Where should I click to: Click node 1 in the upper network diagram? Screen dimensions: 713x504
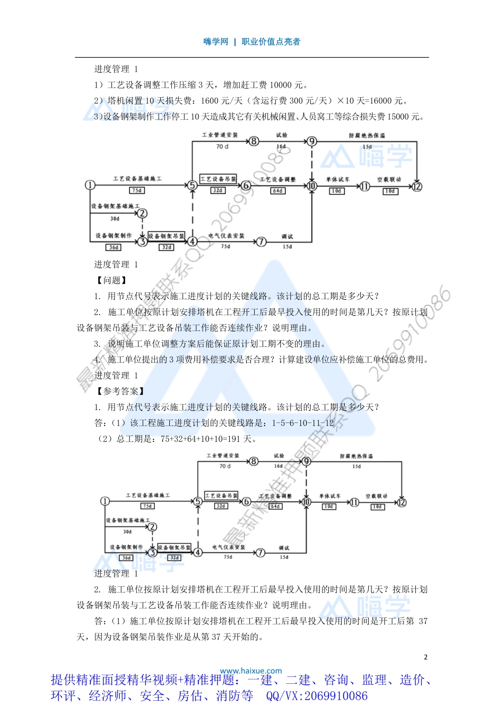[90, 185]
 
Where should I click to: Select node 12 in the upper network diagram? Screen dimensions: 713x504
[417, 186]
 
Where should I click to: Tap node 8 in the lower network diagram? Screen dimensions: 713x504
[254, 461]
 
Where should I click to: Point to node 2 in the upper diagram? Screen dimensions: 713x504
[142, 214]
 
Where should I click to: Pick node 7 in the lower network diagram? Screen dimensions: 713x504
[260, 552]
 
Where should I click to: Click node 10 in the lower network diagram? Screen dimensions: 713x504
[306, 502]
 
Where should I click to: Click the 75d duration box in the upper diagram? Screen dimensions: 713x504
[137, 190]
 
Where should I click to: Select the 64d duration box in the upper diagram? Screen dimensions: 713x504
[277, 190]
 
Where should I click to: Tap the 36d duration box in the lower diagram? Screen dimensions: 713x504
[126, 558]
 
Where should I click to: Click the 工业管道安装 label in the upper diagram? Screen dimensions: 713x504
[220, 135]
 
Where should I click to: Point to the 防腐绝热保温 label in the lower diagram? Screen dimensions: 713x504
[356, 456]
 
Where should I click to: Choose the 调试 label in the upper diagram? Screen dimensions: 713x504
[287, 237]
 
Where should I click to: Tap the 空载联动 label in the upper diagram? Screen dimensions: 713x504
[389, 179]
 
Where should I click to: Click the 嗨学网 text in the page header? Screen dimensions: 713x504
[215, 42]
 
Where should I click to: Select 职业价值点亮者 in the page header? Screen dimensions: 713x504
[271, 42]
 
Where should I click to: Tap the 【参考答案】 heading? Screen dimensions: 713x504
[119, 391]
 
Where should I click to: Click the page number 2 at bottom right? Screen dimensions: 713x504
[425, 657]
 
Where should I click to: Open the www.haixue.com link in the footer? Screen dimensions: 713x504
[251, 671]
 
